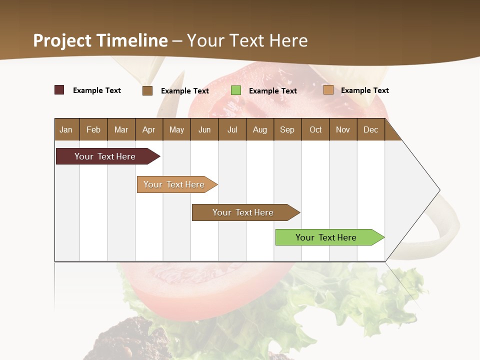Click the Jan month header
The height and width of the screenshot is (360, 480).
pyautogui.click(x=66, y=129)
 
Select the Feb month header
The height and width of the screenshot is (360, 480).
pyautogui.click(x=93, y=129)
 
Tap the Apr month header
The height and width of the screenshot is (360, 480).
pyautogui.click(x=148, y=129)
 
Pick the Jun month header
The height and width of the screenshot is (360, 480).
pyautogui.click(x=204, y=129)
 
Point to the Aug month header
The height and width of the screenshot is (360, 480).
pyautogui.click(x=259, y=129)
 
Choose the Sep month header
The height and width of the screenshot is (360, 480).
pyautogui.click(x=287, y=129)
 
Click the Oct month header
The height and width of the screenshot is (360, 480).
pyautogui.click(x=315, y=129)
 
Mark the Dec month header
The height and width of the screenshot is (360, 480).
pyautogui.click(x=370, y=129)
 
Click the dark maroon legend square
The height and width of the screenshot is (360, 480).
pyautogui.click(x=59, y=90)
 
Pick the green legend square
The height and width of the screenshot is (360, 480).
pyautogui.click(x=236, y=90)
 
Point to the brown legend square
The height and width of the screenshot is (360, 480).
pyautogui.click(x=147, y=90)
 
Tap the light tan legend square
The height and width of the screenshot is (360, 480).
pyautogui.click(x=328, y=90)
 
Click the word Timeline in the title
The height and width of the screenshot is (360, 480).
pyautogui.click(x=132, y=40)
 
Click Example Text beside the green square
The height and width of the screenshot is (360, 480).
pyautogui.click(x=272, y=91)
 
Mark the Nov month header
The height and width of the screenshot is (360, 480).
pyautogui.click(x=342, y=129)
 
